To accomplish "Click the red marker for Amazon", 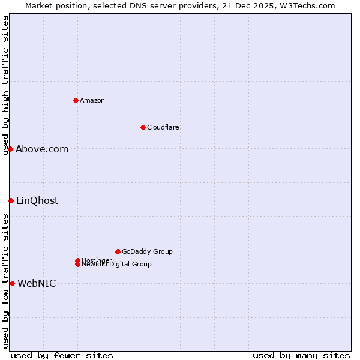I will click(76, 100).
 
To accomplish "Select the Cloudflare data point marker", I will click(143, 127).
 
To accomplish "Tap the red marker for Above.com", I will click(11, 149).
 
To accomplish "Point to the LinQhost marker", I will click(11, 200).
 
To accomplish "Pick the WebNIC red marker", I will click(12, 283).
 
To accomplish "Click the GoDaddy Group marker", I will click(118, 251).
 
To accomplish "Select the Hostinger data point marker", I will click(78, 260).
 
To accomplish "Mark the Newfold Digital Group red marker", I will click(78, 265).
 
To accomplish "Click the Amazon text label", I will click(92, 100).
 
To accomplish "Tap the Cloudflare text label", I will click(163, 127).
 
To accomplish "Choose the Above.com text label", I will click(42, 149).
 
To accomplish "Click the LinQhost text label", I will click(37, 200).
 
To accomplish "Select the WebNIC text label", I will click(37, 283).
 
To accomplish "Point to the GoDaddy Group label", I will click(147, 251).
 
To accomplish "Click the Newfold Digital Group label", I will click(117, 265).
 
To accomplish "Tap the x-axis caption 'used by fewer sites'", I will click(62, 355).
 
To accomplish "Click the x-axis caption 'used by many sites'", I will click(301, 355).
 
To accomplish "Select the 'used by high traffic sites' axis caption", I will click(6, 85).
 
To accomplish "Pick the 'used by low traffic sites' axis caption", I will click(6, 281).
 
